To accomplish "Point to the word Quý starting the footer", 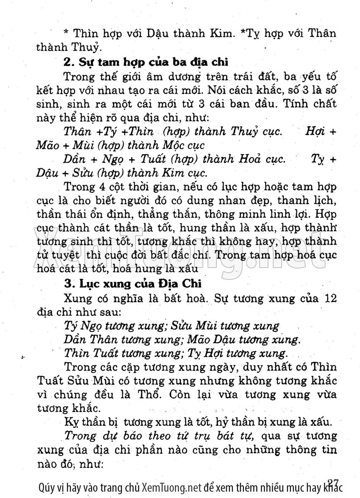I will click(47, 488).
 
